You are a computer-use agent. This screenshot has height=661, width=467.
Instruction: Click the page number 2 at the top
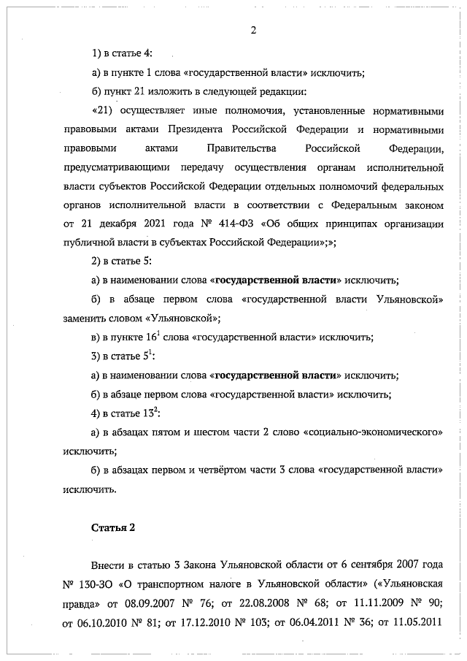click(x=253, y=30)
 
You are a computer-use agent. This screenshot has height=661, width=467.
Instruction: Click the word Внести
click(x=108, y=567)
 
